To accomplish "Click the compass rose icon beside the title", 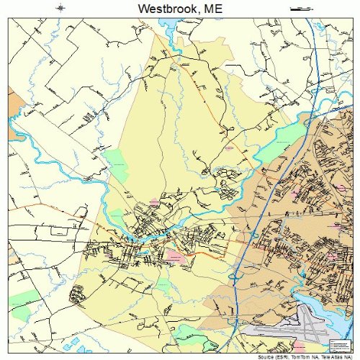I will pos(61,9).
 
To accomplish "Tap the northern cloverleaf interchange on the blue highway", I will pos(253,235).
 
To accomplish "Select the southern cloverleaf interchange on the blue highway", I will pos(235,275).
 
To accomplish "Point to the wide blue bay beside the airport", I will pos(328,302).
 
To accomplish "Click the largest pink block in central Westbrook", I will pos(176,256).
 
